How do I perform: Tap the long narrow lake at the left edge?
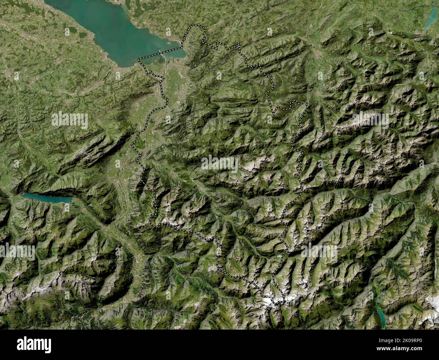[47, 198]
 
